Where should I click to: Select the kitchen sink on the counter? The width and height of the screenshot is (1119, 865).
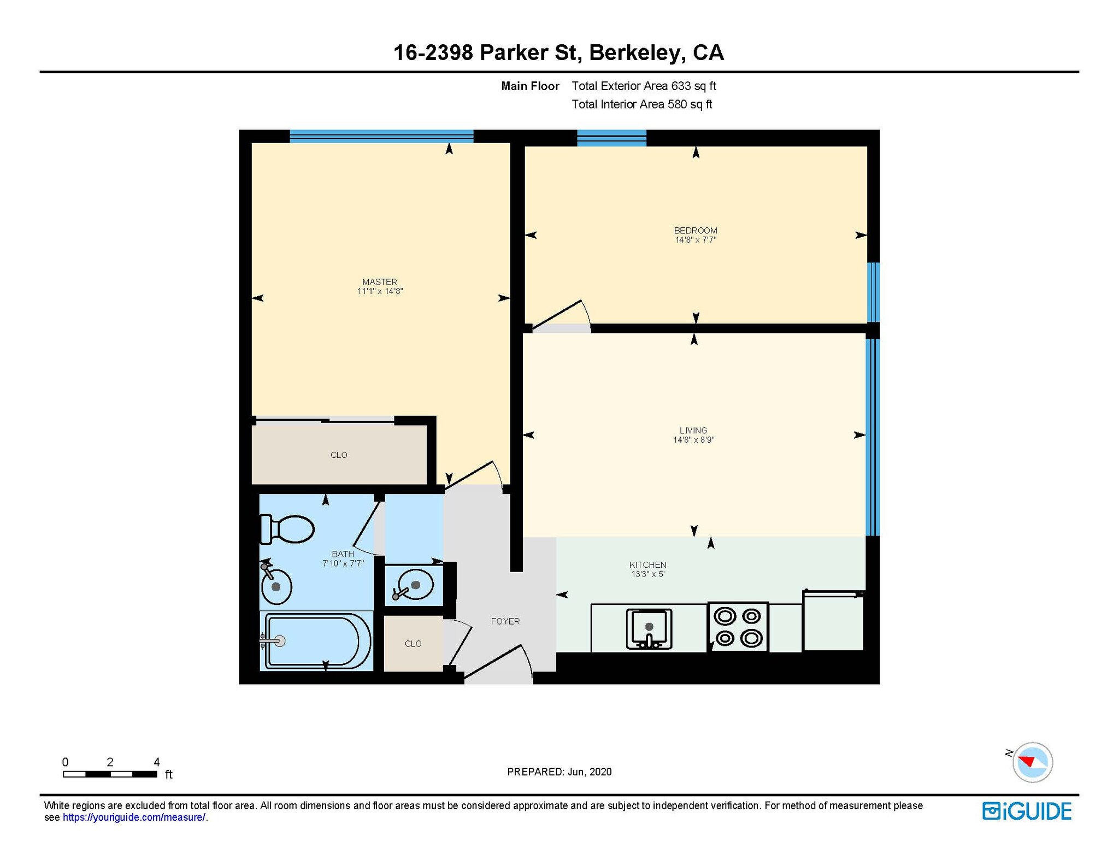click(649, 629)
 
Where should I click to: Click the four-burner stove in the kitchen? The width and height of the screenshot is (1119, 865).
click(738, 627)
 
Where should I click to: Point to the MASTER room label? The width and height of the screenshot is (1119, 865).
click(380, 282)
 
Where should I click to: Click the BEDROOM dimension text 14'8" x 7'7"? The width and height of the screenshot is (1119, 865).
click(696, 240)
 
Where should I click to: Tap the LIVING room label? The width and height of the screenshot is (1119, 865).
click(693, 431)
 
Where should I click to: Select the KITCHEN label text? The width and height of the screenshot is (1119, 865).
click(647, 564)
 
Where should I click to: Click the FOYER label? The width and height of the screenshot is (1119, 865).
click(505, 621)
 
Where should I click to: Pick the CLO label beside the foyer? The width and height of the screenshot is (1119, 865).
click(413, 644)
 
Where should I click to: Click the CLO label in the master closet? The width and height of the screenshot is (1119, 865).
click(339, 455)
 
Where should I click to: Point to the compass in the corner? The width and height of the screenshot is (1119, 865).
click(1032, 762)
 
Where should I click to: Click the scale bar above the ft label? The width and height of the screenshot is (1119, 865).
click(110, 774)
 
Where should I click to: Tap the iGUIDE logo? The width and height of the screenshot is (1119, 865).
click(1027, 811)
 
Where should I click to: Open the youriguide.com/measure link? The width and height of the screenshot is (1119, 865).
click(134, 817)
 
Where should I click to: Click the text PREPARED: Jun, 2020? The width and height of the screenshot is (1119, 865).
click(559, 772)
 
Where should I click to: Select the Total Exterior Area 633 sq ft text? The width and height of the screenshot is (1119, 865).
click(644, 86)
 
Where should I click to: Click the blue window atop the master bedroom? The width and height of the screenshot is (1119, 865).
click(381, 136)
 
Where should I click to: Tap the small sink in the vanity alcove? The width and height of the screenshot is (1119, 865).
click(414, 586)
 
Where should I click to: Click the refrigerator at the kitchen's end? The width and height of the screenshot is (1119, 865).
click(833, 621)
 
